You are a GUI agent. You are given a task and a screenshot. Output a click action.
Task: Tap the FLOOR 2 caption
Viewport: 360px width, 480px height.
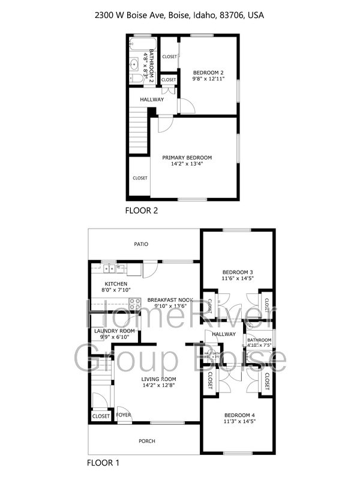click(x=141, y=210)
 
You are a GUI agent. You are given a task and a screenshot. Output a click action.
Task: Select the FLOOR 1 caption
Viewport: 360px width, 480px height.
click(x=104, y=463)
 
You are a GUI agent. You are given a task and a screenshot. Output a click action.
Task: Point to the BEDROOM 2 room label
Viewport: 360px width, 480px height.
click(x=208, y=72)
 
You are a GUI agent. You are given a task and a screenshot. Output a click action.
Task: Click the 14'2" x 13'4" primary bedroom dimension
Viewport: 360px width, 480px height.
click(x=187, y=164)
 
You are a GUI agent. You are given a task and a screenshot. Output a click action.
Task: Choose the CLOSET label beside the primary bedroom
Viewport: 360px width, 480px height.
click(x=140, y=178)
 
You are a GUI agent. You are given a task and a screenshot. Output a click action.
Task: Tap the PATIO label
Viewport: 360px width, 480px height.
click(x=141, y=244)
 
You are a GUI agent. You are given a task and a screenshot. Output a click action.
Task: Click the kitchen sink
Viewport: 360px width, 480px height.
click(x=109, y=269)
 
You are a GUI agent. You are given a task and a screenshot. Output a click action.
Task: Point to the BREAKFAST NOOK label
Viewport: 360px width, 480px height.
click(x=170, y=299)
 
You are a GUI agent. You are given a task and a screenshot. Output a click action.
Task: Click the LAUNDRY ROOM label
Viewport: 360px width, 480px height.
click(x=114, y=331)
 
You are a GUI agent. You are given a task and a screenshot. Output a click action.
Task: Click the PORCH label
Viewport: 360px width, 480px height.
click(x=147, y=441)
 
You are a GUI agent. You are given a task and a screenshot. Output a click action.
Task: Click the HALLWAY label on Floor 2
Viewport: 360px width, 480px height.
click(x=152, y=100)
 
